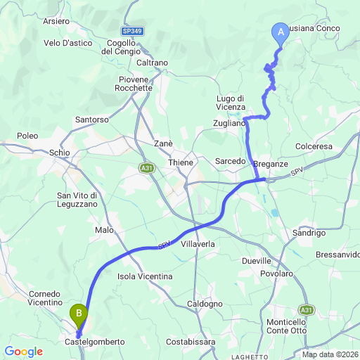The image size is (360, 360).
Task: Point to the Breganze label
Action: pyautogui.click(x=271, y=163)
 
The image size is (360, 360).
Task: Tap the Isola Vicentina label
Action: pyautogui.click(x=146, y=276)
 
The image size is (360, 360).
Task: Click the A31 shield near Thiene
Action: pyautogui.click(x=146, y=168)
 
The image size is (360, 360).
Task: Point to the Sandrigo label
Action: pyautogui.click(x=307, y=232)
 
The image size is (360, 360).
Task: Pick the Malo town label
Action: pyautogui.click(x=103, y=229)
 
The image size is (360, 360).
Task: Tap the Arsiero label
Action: pyautogui.click(x=56, y=21)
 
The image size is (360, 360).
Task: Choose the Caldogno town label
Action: pyautogui.click(x=205, y=304)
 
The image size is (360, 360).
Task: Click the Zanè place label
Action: pyautogui.click(x=163, y=143)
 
